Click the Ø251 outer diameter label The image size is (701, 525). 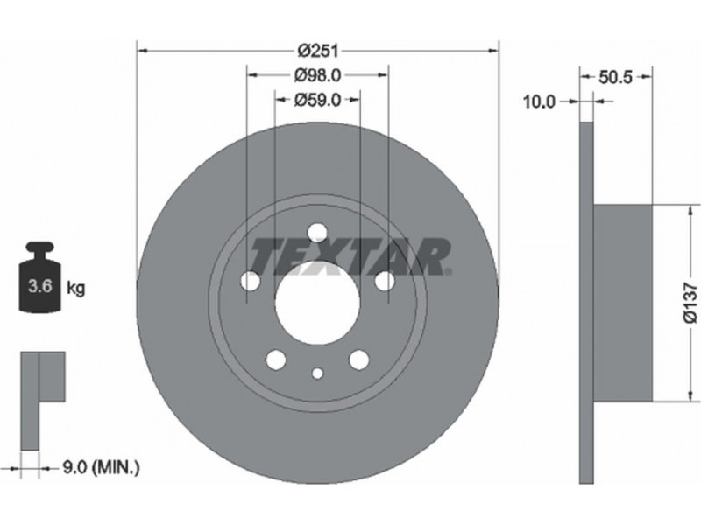point(318,51)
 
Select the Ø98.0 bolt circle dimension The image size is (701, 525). point(317,75)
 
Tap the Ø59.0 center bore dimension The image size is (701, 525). point(317,100)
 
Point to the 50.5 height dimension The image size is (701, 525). point(616,77)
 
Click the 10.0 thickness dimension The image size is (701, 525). point(539,102)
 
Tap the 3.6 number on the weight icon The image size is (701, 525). point(40,286)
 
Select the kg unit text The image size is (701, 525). point(75,289)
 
